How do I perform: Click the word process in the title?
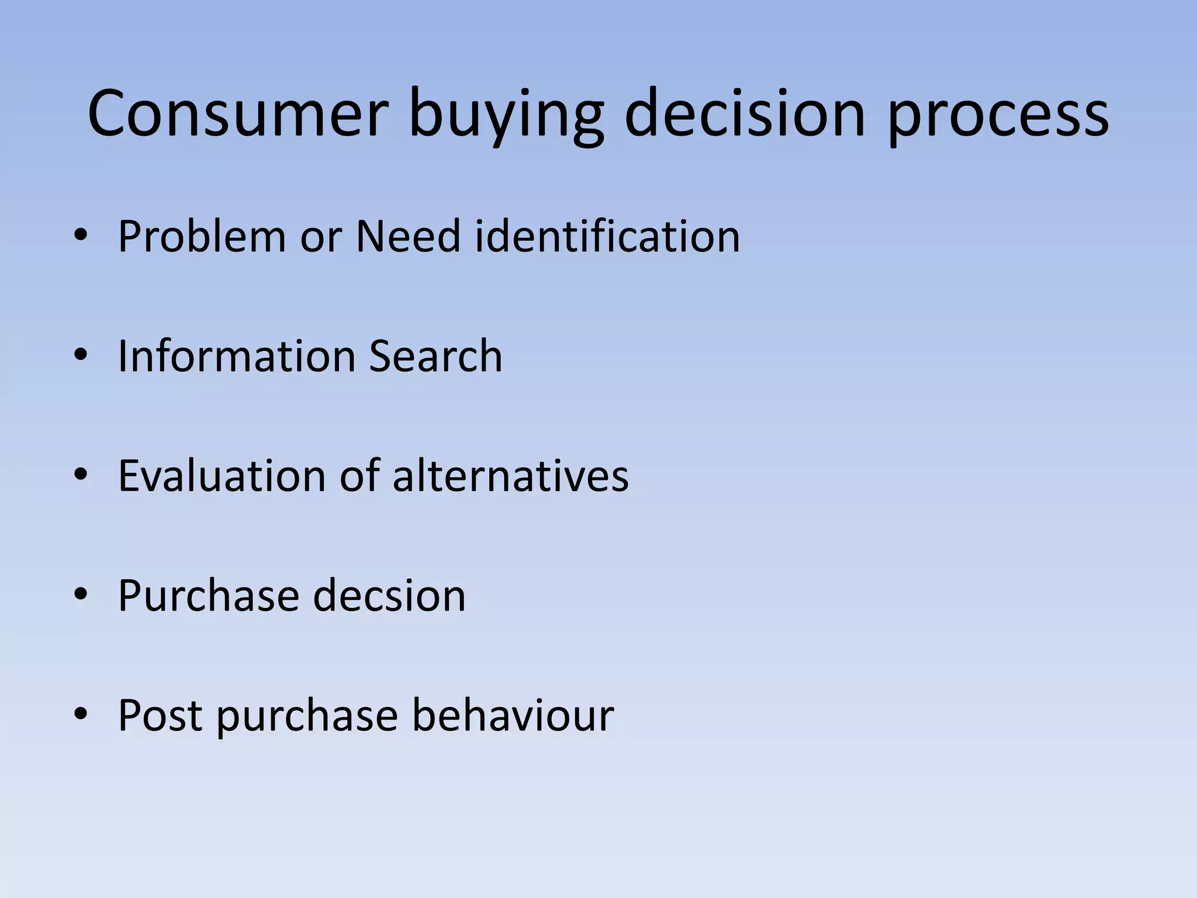998,117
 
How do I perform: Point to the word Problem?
202,236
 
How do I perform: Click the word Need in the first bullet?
408,236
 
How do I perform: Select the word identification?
607,236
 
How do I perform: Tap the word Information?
236,356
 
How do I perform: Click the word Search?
435,356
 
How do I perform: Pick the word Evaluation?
222,476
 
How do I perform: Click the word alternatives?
510,476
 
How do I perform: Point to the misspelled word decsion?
389,596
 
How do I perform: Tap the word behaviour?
513,716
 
